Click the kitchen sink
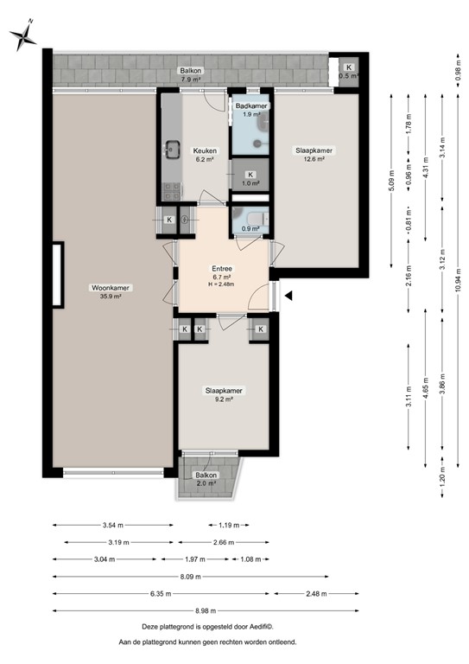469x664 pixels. tap(170, 149)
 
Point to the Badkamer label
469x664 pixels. tap(252, 105)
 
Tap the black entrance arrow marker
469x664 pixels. tap(289, 296)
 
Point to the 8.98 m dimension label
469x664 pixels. tap(204, 610)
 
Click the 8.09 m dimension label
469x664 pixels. tap(190, 577)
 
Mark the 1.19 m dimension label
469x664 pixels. tap(230, 526)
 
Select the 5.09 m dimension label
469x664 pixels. tap(391, 182)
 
